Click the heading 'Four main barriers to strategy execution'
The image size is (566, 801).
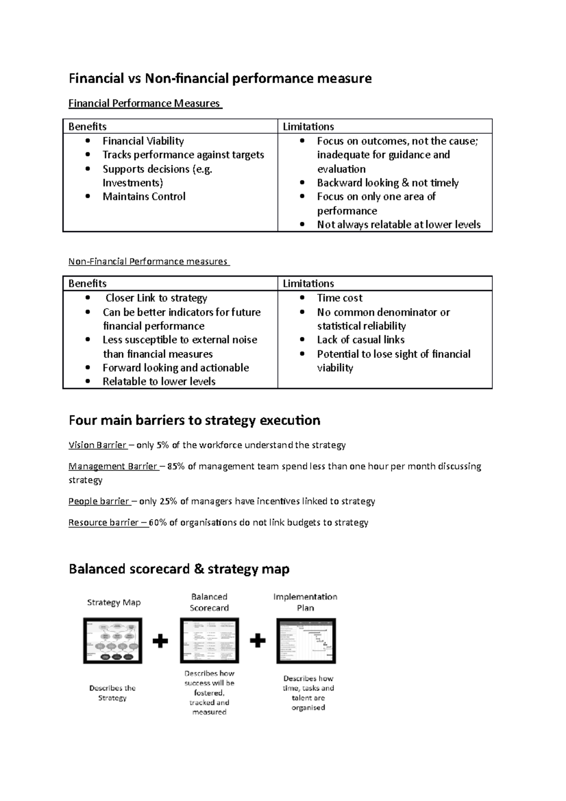194,420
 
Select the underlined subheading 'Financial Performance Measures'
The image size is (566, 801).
144,103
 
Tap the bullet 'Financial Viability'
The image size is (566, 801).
143,141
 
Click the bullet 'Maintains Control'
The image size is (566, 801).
144,197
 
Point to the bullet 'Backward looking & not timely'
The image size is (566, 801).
387,183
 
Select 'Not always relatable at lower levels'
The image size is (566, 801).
399,225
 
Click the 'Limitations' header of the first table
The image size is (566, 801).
308,126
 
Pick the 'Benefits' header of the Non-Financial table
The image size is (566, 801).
87,284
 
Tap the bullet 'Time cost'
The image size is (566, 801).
340,298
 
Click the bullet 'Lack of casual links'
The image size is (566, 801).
360,340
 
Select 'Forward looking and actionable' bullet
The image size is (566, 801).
175,367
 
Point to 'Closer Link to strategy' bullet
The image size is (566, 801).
156,298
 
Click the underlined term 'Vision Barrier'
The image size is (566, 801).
97,445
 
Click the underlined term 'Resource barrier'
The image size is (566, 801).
104,522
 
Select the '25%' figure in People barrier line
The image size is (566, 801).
168,501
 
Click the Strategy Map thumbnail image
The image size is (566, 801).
113,641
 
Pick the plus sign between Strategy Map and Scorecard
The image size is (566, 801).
160,641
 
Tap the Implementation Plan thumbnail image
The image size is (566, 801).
306,641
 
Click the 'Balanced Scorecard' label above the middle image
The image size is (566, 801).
209,602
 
